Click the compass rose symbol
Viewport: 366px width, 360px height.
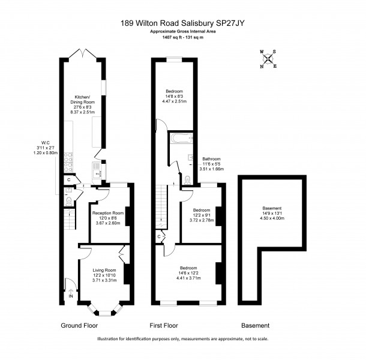(268, 59)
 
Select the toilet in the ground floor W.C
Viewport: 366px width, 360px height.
(69, 202)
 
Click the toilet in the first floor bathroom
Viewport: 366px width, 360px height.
(188, 180)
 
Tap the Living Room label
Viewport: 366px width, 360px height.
(104, 270)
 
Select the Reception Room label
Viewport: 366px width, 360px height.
(108, 213)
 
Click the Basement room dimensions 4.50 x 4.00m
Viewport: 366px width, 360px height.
(272, 218)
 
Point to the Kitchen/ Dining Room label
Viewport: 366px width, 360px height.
(82, 100)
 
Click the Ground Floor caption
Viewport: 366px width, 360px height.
(79, 325)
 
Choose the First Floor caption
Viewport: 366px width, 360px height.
(164, 325)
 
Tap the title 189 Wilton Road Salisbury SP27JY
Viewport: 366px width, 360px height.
(182, 23)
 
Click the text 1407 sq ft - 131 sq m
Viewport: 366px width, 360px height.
(183, 37)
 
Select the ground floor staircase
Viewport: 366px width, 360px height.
(70, 220)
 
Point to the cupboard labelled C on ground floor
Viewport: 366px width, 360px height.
(69, 180)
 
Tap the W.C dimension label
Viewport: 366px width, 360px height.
(46, 148)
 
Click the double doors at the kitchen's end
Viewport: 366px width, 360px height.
(83, 53)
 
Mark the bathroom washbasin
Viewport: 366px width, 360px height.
(190, 158)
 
